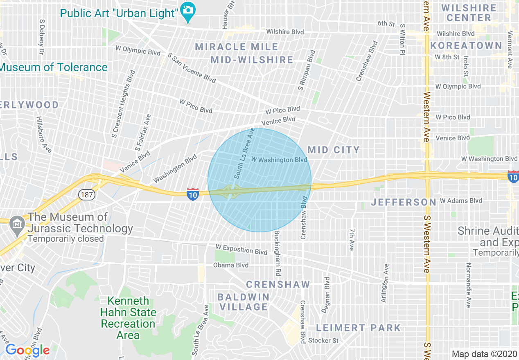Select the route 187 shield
pos(87,194)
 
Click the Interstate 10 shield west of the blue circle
pos(193,194)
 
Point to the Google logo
pos(27,350)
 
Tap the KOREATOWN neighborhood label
pos(466,45)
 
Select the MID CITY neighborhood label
pos(334,150)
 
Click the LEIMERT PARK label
pos(359,328)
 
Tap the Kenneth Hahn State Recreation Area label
pos(128,318)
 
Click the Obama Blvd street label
pos(230,265)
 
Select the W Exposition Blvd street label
pos(241,249)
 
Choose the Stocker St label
pos(323,340)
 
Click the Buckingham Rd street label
pos(278,253)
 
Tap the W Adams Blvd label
pos(461,201)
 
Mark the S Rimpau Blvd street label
pos(307,70)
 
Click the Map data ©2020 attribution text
pos(484,354)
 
